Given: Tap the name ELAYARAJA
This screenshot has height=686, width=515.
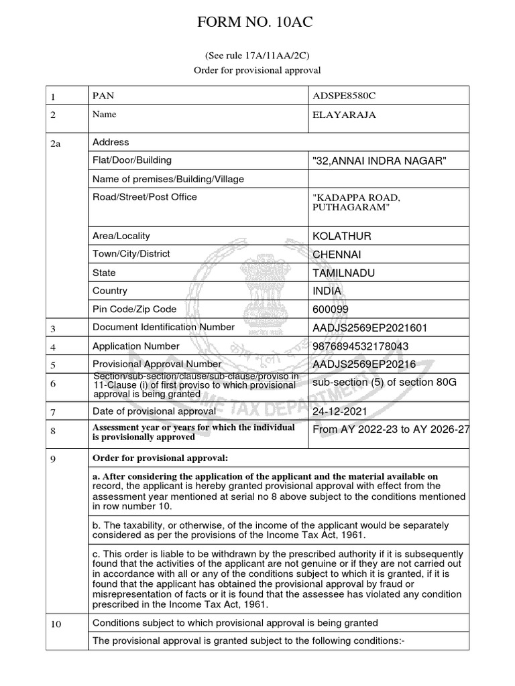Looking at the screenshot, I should [344, 115].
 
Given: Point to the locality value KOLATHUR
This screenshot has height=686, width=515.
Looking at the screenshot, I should [342, 236].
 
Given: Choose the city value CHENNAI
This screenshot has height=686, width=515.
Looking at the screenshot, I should [339, 255].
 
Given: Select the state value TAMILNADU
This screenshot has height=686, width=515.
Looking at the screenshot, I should [344, 273].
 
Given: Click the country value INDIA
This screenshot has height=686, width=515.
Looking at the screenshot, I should [327, 291].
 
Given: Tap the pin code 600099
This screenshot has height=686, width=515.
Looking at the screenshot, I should [331, 310].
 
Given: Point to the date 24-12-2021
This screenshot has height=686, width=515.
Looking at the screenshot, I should [340, 409].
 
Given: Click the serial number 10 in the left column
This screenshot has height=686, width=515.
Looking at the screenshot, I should [56, 624].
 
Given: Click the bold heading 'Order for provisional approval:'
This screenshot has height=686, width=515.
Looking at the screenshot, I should [160, 458].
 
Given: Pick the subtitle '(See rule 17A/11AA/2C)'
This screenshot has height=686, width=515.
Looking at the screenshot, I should [257, 56].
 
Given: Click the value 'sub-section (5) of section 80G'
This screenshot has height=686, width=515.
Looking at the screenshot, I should [381, 382].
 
